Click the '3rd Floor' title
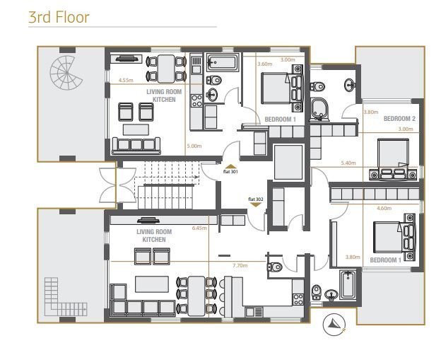coord(59,17)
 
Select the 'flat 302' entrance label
coord(255,200)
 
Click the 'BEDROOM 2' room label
coord(399,119)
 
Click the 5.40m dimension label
coord(348,163)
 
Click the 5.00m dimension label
coord(194,146)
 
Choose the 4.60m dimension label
coord(384,209)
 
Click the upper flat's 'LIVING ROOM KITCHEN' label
coord(163,96)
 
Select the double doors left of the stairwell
coord(107,185)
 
